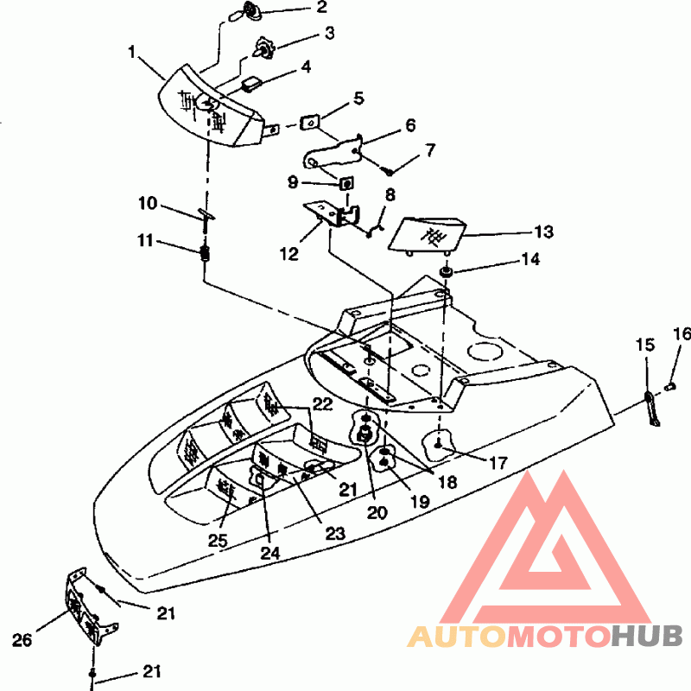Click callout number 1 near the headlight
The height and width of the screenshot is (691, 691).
[131, 52]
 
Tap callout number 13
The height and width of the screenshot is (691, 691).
[543, 231]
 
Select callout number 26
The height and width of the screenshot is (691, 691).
[22, 639]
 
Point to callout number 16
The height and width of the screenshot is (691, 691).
[682, 333]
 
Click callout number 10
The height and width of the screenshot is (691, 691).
[148, 203]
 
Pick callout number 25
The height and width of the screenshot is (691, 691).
[218, 541]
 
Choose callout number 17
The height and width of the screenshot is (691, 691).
[498, 463]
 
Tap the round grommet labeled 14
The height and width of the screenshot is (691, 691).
[446, 271]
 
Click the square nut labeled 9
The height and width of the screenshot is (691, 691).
[347, 182]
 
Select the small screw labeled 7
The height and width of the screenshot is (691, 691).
[388, 171]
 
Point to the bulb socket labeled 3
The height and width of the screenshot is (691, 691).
[263, 48]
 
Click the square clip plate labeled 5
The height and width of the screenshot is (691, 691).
[309, 122]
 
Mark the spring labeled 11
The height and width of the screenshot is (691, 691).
[205, 253]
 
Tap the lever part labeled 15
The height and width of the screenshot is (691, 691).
[651, 409]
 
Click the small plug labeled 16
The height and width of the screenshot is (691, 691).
[670, 387]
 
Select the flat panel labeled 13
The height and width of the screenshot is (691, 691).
[427, 236]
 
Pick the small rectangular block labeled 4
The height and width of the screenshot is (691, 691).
[252, 83]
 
